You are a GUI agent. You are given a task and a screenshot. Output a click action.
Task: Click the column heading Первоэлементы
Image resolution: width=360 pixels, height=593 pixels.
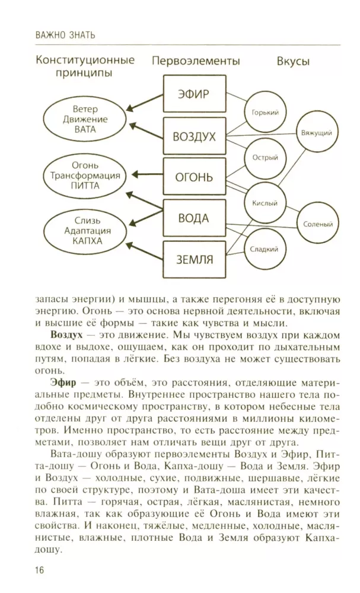pyautogui.click(x=196, y=61)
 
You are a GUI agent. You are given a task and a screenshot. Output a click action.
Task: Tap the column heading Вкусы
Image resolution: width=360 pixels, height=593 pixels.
pyautogui.click(x=293, y=61)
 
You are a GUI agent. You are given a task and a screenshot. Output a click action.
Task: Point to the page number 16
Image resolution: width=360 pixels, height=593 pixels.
pyautogui.click(x=40, y=570)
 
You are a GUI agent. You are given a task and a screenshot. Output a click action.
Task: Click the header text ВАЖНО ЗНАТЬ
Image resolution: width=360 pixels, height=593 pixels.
pyautogui.click(x=65, y=36)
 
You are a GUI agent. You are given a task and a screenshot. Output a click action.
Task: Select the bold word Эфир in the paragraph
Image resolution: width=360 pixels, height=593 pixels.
pyautogui.click(x=63, y=382)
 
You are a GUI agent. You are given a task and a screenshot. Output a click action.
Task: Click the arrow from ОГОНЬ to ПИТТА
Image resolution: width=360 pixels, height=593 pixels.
pyautogui.click(x=147, y=175)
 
